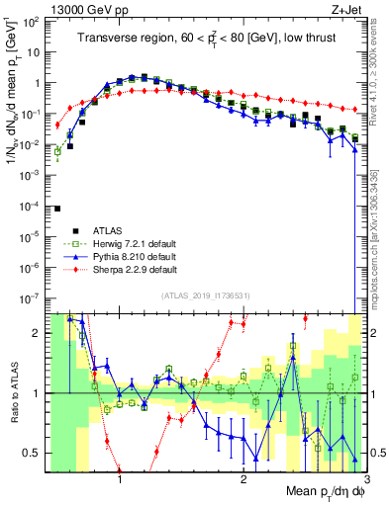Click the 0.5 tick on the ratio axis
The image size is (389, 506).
(35, 453)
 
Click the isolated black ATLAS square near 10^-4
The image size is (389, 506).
(58, 209)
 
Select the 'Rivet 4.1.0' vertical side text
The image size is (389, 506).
(381, 69)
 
